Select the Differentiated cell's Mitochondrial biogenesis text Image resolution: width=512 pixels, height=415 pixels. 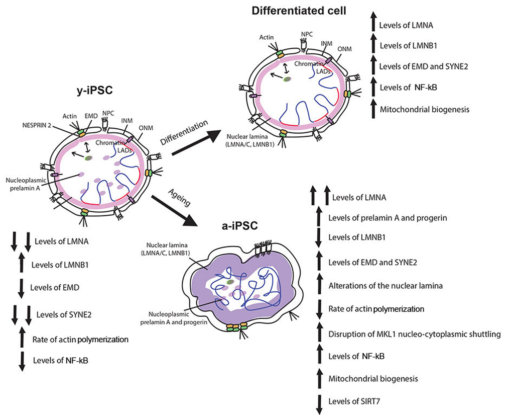418,109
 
